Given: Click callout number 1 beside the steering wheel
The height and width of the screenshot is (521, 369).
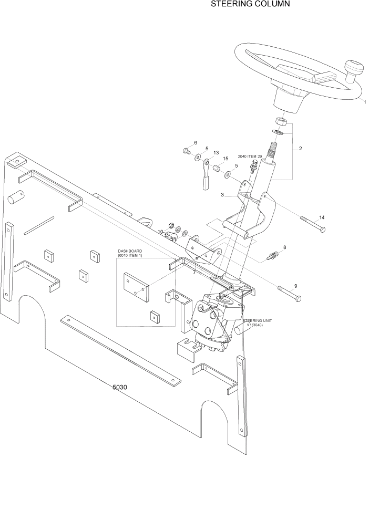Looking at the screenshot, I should click(365, 102).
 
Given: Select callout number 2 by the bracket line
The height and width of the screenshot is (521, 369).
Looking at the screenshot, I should click(300, 149).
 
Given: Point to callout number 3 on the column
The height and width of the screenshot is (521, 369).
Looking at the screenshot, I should click(222, 195).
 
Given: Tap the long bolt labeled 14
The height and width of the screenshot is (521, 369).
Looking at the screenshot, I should click(313, 224).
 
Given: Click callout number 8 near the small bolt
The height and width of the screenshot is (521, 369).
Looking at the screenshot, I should click(284, 247).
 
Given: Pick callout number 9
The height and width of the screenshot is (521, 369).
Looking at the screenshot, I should click(295, 286).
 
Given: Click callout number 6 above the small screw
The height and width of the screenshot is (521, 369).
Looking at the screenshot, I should click(196, 143).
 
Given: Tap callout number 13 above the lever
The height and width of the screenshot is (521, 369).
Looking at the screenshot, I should click(216, 153).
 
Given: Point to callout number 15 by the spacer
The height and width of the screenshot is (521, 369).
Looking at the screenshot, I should click(225, 159).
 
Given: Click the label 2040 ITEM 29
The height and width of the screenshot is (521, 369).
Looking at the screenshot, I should click(250, 157).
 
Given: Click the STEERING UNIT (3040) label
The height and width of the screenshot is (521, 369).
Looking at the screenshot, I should click(257, 322).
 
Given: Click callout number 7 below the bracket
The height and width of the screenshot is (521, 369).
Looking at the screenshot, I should click(194, 272).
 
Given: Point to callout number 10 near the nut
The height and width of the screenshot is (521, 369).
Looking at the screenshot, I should click(160, 232).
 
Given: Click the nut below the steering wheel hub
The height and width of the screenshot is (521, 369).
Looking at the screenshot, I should click(281, 123).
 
